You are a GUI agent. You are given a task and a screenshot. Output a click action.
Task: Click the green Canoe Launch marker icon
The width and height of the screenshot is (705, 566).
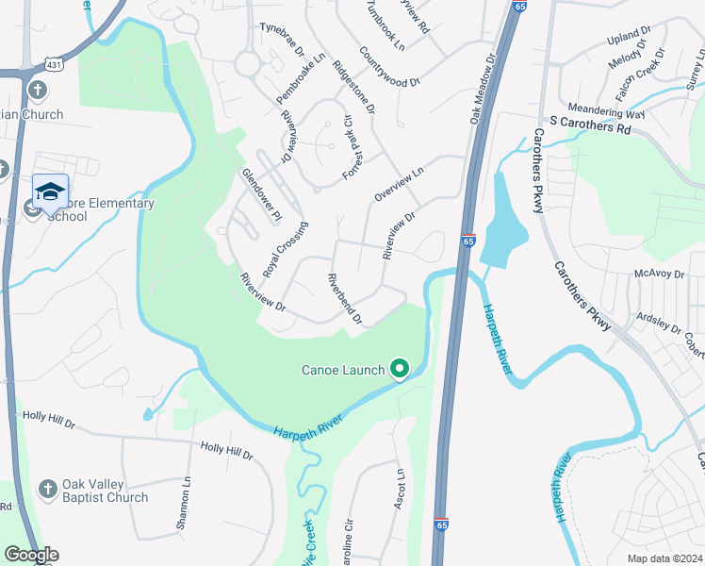tap(400, 369)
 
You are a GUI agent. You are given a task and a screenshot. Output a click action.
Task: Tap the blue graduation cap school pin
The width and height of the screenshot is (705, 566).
tap(50, 192)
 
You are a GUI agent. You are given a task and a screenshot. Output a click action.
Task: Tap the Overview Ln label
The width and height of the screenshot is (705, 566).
tap(400, 179)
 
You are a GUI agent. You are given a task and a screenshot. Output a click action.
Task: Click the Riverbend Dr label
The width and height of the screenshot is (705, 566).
tap(344, 299)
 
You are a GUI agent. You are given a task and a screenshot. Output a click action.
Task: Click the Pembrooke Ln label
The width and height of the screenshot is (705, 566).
tap(301, 77)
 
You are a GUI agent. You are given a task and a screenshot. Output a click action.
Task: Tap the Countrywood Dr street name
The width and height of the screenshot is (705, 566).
tap(389, 68)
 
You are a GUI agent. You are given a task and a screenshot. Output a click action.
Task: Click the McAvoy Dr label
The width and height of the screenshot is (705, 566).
tap(658, 274)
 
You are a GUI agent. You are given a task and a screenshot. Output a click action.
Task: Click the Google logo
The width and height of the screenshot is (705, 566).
tap(31, 555)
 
